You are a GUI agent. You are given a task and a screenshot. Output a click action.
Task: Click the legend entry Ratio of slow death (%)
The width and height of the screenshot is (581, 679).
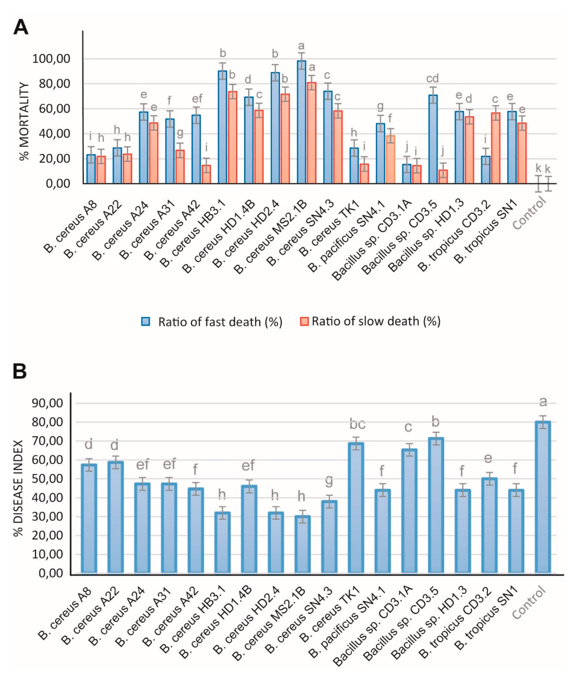click(370, 321)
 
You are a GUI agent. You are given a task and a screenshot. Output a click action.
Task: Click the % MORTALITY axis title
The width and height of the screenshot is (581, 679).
click(24, 121)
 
